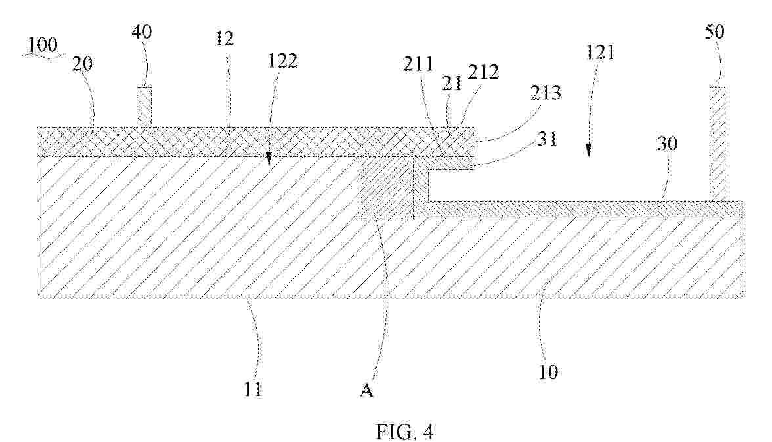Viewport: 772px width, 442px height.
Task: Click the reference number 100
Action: (42, 45)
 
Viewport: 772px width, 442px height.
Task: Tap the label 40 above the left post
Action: (142, 32)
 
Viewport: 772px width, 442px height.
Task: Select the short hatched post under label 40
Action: (144, 108)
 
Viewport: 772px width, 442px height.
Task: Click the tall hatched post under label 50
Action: (718, 144)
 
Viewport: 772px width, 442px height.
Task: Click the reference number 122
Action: (283, 60)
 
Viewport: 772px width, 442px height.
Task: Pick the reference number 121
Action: (600, 52)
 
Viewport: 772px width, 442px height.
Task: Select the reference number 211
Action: (418, 64)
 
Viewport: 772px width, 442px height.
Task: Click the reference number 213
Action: (546, 93)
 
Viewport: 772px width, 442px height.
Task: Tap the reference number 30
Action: (667, 143)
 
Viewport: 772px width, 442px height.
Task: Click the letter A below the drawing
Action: (366, 391)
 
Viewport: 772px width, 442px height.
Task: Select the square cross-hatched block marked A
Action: (387, 188)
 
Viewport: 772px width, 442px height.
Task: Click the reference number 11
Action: (252, 389)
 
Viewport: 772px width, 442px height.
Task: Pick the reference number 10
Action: (547, 372)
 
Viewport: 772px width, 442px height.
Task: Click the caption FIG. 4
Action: (405, 431)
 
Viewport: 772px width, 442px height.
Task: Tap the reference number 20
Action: (82, 63)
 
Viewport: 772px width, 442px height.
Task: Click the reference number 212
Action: (483, 73)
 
